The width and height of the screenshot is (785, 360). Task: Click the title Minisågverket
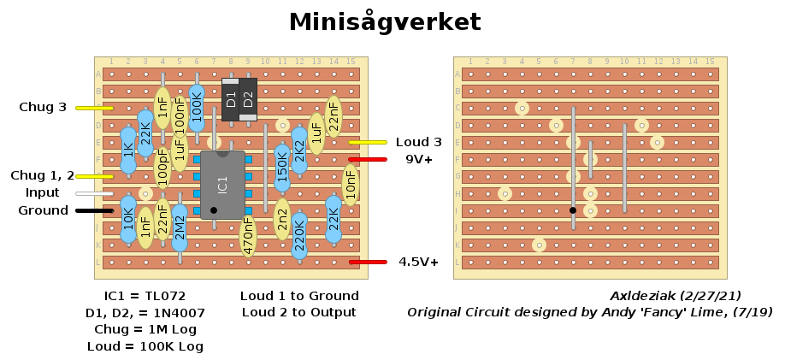(x=384, y=22)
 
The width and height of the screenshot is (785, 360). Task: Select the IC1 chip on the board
(x=222, y=184)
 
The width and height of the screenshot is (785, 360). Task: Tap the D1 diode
(x=230, y=99)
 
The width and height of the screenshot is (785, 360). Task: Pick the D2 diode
(x=248, y=99)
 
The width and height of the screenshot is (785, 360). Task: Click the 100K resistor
(x=197, y=106)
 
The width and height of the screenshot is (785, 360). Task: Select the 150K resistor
(x=282, y=167)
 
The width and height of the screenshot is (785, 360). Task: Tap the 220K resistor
(x=299, y=235)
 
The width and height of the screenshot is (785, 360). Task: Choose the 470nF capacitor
(x=248, y=235)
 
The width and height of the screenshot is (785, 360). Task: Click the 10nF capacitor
(x=351, y=184)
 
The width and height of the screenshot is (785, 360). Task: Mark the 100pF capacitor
(x=162, y=168)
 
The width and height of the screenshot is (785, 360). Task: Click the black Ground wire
(x=94, y=210)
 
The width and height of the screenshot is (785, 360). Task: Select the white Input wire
(x=94, y=193)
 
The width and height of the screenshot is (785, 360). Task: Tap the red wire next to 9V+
(x=368, y=159)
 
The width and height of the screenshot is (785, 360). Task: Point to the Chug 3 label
(x=43, y=108)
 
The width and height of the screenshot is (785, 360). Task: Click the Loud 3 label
(x=419, y=142)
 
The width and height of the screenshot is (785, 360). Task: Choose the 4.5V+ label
(x=419, y=262)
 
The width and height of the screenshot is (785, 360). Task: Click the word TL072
(x=163, y=296)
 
